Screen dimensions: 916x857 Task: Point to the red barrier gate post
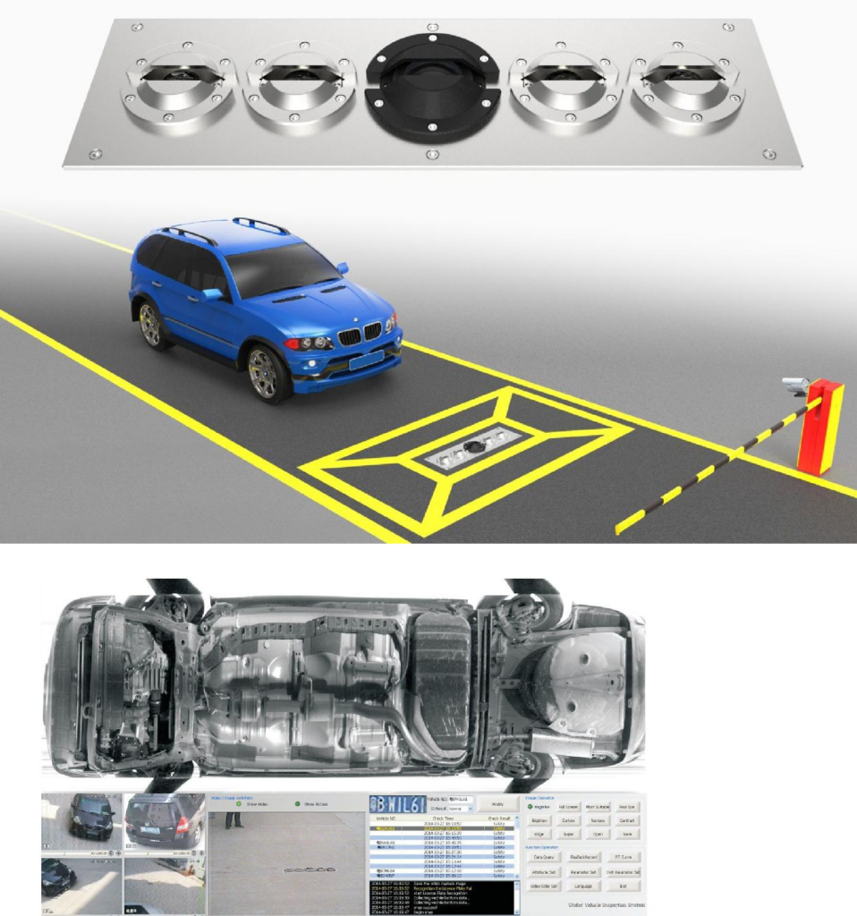coord(819,427)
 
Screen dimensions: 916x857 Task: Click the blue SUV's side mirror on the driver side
coord(213,293)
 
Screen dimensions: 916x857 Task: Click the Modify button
coord(497,803)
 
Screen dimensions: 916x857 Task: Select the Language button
coord(582,886)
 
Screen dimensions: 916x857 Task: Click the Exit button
coord(623,886)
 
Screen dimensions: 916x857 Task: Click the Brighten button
coord(539,819)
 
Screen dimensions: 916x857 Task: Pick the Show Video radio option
coord(239,803)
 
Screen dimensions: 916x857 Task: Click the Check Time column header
coord(444,817)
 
